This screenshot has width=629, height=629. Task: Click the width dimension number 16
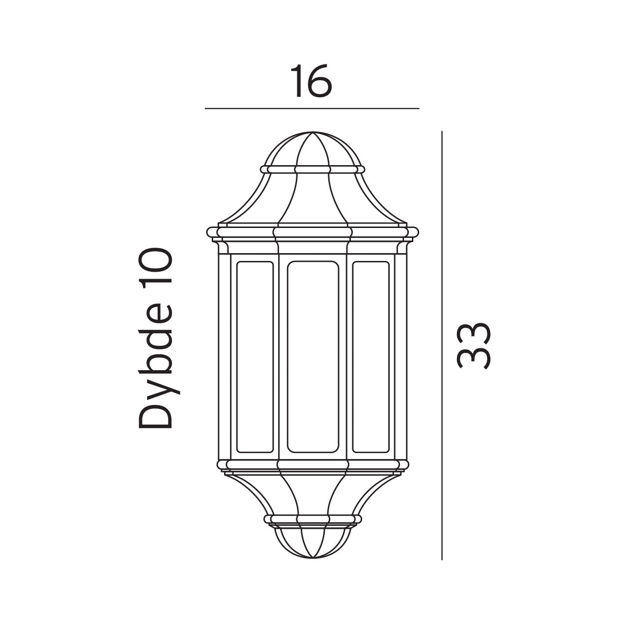311,80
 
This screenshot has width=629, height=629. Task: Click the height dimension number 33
474,345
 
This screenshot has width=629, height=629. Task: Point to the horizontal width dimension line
312,108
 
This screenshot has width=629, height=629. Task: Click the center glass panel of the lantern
313,356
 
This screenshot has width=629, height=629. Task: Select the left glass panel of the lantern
255,356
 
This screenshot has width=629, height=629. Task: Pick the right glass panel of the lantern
371,356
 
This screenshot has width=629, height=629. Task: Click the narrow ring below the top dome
313,169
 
